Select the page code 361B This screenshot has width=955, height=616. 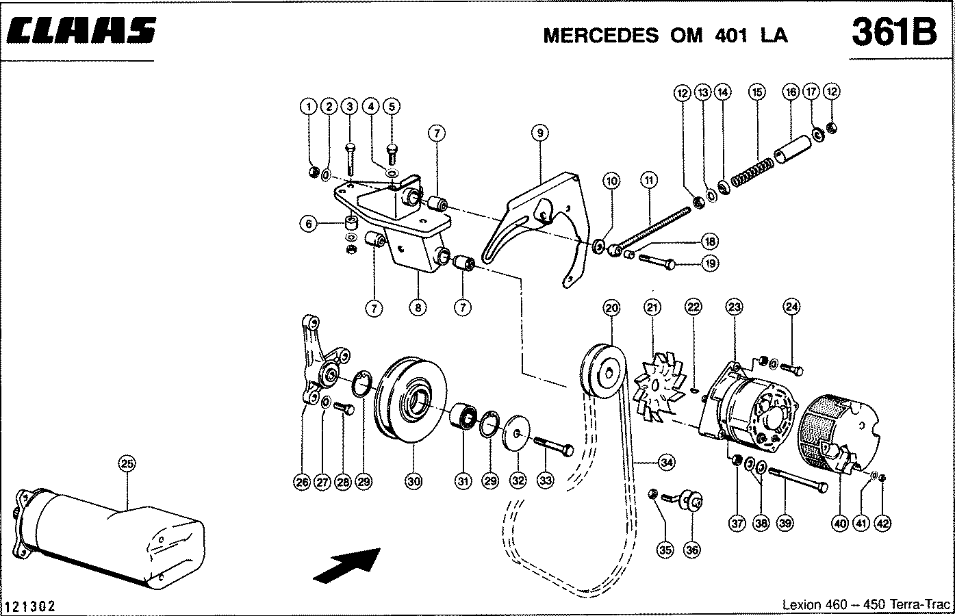(893, 32)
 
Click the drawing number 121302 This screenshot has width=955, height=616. (30, 606)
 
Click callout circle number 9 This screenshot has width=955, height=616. (539, 133)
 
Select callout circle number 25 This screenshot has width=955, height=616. (127, 464)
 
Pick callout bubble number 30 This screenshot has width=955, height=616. (413, 482)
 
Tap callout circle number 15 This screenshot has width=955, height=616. (756, 92)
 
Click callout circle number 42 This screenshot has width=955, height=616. (882, 524)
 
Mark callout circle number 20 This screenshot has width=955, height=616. (611, 309)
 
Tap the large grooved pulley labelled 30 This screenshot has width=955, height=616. (411, 399)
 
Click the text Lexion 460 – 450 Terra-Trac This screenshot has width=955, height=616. (866, 605)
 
